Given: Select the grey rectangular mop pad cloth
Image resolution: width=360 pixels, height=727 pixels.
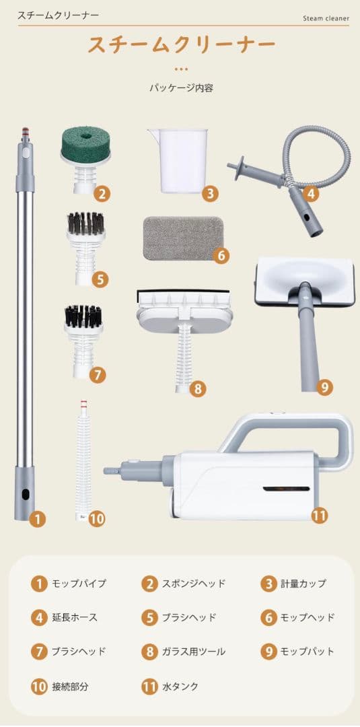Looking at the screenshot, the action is [x=182, y=238].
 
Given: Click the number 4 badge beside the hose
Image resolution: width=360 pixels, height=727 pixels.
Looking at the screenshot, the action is [x=310, y=193].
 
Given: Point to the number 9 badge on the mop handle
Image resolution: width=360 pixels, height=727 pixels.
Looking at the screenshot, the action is [x=324, y=386].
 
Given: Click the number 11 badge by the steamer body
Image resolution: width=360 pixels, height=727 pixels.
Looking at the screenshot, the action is [x=319, y=515].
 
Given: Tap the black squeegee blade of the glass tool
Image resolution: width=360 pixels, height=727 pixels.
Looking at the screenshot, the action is [x=184, y=295].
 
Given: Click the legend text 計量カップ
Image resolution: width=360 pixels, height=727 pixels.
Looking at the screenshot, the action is [x=303, y=583].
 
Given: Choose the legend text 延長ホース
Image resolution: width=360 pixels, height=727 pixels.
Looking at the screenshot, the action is [x=75, y=617].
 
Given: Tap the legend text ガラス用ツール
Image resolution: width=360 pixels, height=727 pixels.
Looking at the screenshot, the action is [x=193, y=652].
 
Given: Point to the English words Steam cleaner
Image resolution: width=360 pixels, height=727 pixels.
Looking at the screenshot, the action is [x=326, y=19].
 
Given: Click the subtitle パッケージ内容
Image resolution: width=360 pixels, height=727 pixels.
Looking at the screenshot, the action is [x=181, y=88].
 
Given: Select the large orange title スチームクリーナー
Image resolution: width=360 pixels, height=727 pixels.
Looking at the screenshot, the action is [x=182, y=44].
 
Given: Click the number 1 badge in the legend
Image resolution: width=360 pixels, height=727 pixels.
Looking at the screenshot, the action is [x=40, y=583].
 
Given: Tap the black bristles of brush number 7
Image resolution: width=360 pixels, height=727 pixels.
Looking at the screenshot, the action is [x=83, y=316].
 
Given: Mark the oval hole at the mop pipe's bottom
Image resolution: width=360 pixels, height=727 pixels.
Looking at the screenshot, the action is [x=26, y=494].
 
